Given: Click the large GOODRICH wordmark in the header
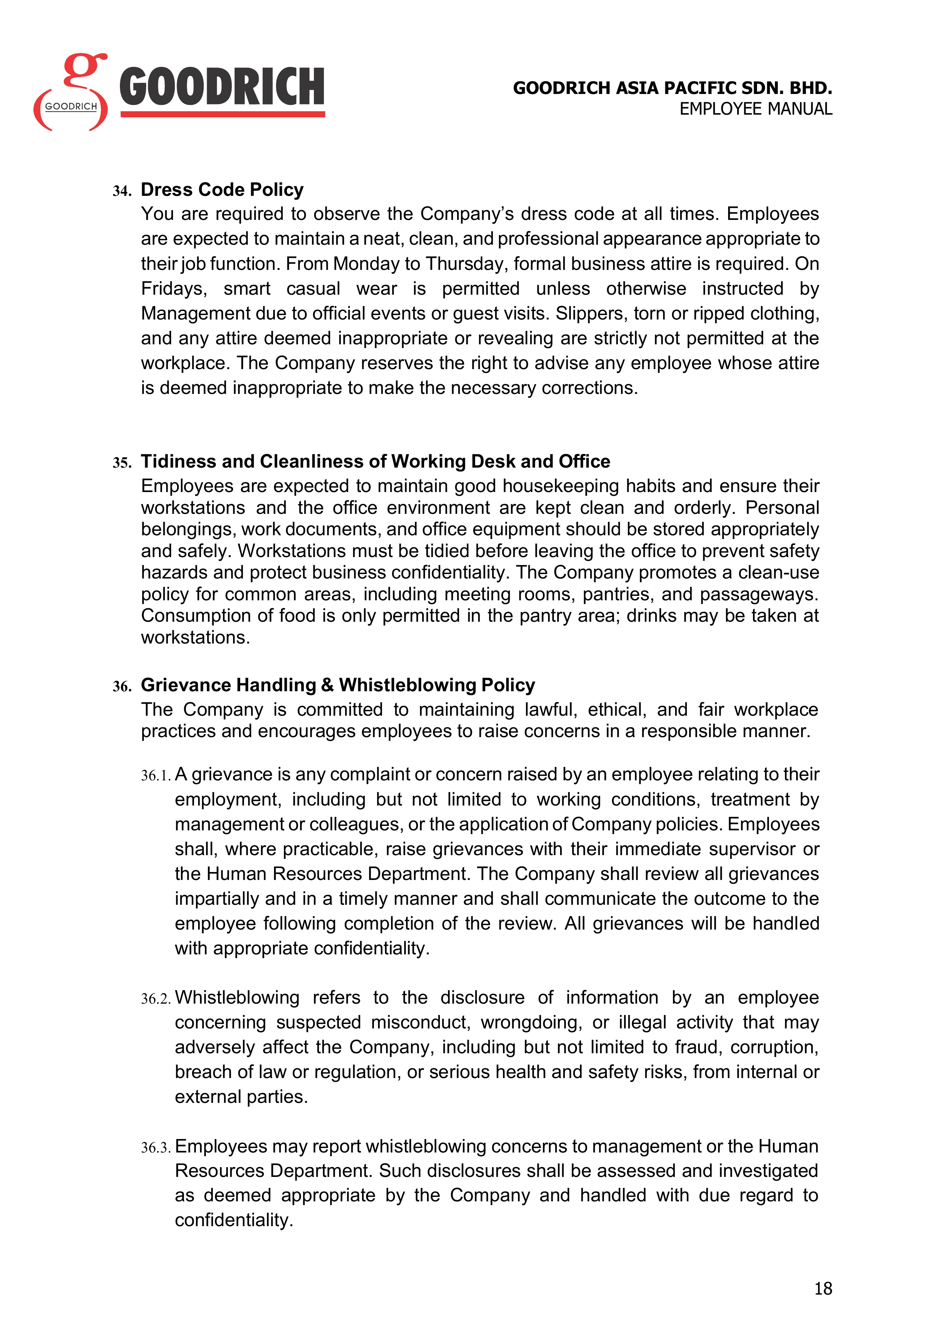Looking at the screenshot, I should point(222,87).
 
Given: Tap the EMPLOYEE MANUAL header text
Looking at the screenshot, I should point(756,109).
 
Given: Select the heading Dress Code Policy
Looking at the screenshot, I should point(222,189).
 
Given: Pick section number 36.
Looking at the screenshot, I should point(122,686).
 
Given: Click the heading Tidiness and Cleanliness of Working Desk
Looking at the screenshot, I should point(375,461).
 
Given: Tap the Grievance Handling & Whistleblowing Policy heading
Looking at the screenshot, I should point(338,685).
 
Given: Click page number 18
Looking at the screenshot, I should point(823,1289).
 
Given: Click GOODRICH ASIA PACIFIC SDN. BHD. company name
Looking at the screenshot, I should point(672,88).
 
